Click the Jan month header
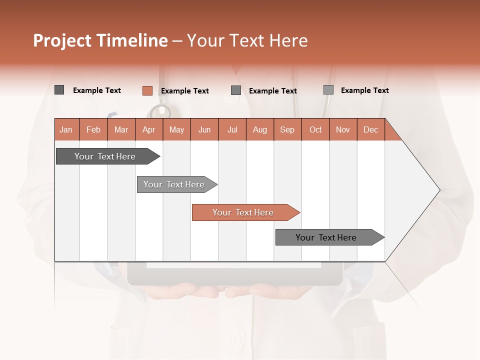[x=66, y=129]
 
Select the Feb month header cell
[x=93, y=129]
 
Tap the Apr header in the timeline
[x=148, y=129]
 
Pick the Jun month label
[x=204, y=129]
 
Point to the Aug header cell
[x=259, y=129]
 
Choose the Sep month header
[x=287, y=129]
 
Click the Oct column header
[x=315, y=129]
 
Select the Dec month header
[x=370, y=129]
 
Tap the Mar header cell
[x=121, y=129]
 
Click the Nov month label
[x=343, y=129]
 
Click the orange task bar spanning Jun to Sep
[x=243, y=212]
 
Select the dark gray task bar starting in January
[x=105, y=156]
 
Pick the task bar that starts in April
[x=174, y=184]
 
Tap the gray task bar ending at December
[x=326, y=237]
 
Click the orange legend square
[x=147, y=90]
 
